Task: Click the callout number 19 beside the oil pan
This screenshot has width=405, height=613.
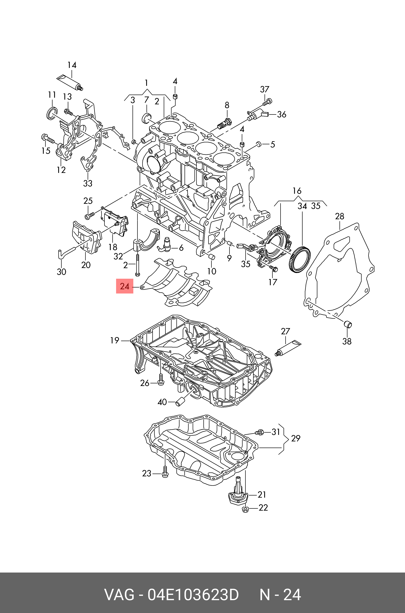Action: [114, 340]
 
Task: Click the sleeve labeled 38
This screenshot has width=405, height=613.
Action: [348, 324]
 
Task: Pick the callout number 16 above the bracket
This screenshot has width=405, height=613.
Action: [297, 191]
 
